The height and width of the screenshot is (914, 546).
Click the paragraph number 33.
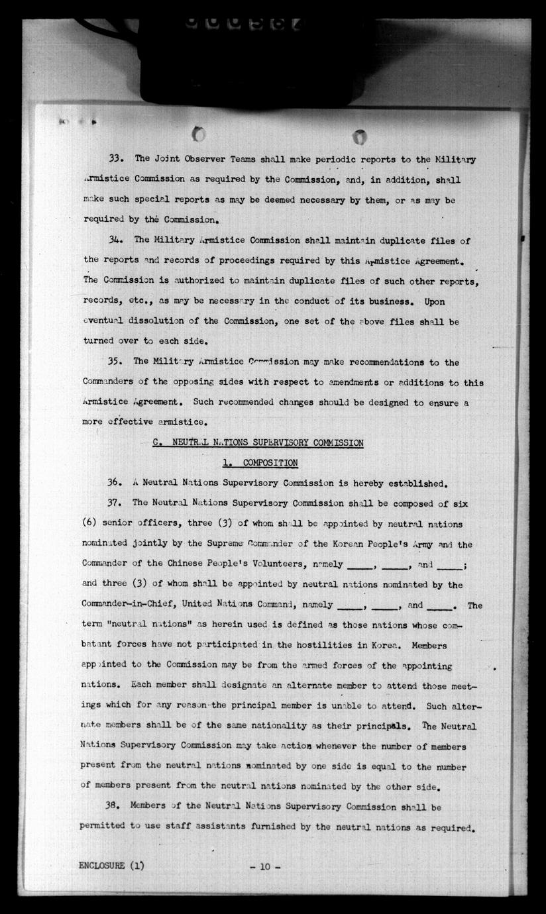tap(116, 159)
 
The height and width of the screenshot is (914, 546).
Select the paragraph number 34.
tap(116, 240)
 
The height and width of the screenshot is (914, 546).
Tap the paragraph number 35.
tap(116, 362)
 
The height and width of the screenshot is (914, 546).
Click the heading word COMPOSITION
tap(270, 463)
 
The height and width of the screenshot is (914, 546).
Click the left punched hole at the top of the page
tap(199, 134)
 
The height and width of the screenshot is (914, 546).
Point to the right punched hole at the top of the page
tap(360, 136)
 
